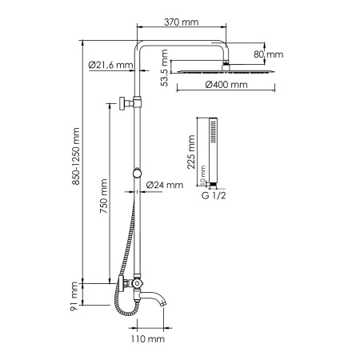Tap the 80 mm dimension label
coord(273,54)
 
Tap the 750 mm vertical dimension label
coord(104,203)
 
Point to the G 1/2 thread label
coord(214,194)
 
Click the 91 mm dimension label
coord(74,294)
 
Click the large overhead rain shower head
coord(226,72)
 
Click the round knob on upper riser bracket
coord(120,105)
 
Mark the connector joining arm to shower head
coord(226,62)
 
